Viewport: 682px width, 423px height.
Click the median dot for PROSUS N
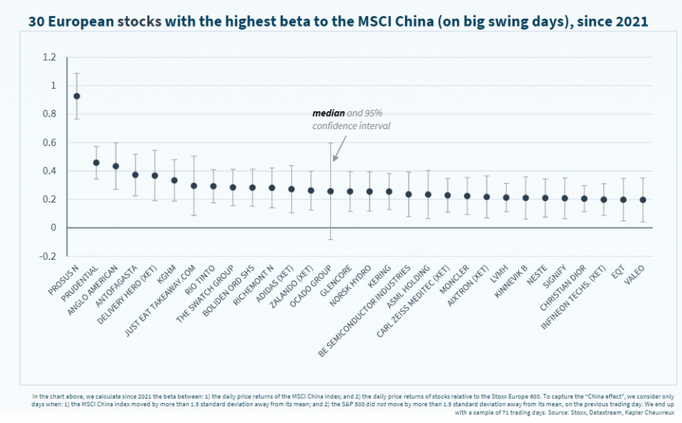click(77, 96)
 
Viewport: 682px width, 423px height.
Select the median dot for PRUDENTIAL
click(96, 163)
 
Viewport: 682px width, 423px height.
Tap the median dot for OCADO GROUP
click(330, 191)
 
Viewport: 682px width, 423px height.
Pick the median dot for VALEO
click(642, 200)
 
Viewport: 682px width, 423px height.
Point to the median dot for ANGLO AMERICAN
click(116, 166)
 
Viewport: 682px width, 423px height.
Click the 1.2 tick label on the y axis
click(49, 57)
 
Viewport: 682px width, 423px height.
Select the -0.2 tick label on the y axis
click(48, 256)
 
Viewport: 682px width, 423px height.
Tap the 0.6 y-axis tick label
click(49, 143)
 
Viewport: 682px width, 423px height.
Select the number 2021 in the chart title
click(630, 21)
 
